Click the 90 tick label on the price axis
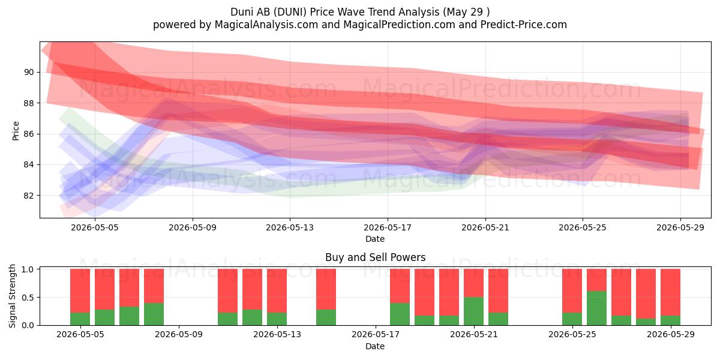[x=29, y=73]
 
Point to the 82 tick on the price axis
[x=29, y=196]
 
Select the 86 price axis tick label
[x=29, y=134]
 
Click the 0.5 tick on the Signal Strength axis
[x=28, y=298]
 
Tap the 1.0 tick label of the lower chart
[x=28, y=269]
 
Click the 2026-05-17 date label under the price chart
[x=388, y=227]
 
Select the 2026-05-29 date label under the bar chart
[x=671, y=335]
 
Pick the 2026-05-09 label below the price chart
[x=193, y=227]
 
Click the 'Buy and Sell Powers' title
[x=375, y=257]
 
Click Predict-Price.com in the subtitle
[x=524, y=25]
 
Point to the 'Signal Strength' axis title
[x=12, y=296]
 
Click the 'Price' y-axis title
[x=16, y=131]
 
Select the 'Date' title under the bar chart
[x=375, y=346]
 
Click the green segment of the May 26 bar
[x=596, y=308]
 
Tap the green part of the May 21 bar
[x=473, y=311]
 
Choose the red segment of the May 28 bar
[x=646, y=294]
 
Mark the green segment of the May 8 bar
[x=154, y=314]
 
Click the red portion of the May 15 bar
[x=326, y=289]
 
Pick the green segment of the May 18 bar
[x=400, y=314]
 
